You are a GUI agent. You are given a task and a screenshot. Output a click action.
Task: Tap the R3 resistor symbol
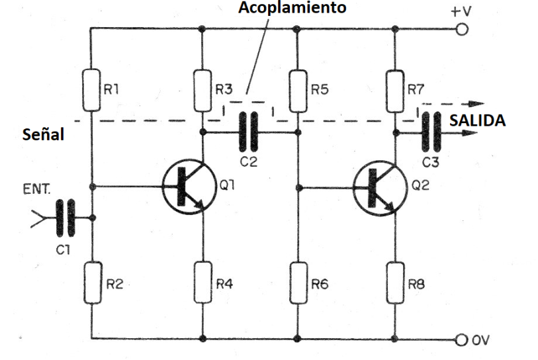click(x=202, y=90)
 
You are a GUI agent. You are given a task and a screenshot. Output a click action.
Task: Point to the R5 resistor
click(x=297, y=90)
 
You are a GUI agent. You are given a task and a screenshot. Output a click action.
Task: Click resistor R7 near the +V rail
click(x=395, y=90)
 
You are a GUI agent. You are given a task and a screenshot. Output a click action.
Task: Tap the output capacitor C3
click(x=433, y=132)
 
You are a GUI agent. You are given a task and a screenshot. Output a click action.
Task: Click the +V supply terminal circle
click(x=463, y=29)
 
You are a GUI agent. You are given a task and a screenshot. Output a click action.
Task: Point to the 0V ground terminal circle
click(x=463, y=339)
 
